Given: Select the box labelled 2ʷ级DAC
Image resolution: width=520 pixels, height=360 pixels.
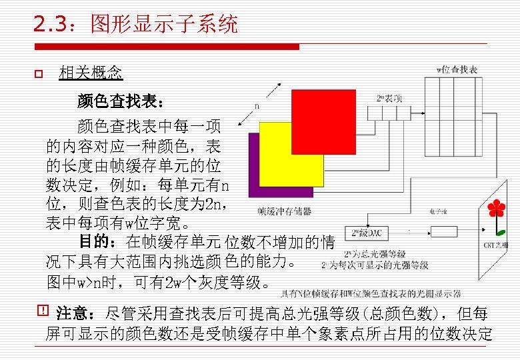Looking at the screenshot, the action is tap(367, 233).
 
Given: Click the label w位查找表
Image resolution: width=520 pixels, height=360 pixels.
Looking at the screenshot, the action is tap(457, 69).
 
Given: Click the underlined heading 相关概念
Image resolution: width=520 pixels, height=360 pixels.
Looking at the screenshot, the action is tap(91, 73).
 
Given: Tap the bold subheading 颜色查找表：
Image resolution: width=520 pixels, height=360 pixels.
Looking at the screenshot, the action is tap(117, 101).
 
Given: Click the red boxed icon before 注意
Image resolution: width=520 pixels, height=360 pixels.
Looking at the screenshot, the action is tap(45, 311).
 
